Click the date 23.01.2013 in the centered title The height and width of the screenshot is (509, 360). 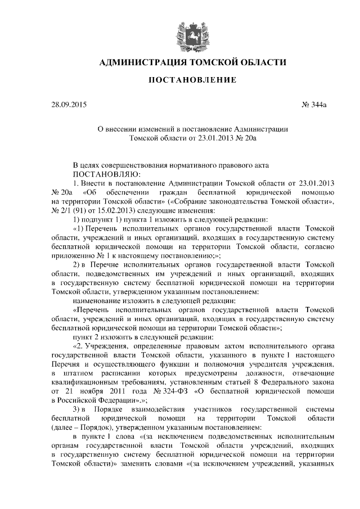214,137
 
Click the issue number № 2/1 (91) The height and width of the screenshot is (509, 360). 71,209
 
